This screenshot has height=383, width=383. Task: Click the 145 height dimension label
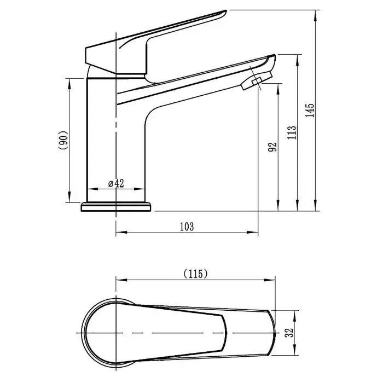310,111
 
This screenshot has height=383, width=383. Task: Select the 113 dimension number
292,132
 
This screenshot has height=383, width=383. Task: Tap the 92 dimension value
272,147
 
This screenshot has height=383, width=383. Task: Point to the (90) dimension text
63,140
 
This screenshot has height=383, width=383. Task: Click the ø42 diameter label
116,183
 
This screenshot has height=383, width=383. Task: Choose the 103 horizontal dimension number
187,227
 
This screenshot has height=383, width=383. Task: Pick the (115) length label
196,274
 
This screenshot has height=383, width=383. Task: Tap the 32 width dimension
289,333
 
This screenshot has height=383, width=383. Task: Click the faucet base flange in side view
116,207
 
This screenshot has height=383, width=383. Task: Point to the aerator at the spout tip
257,80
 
